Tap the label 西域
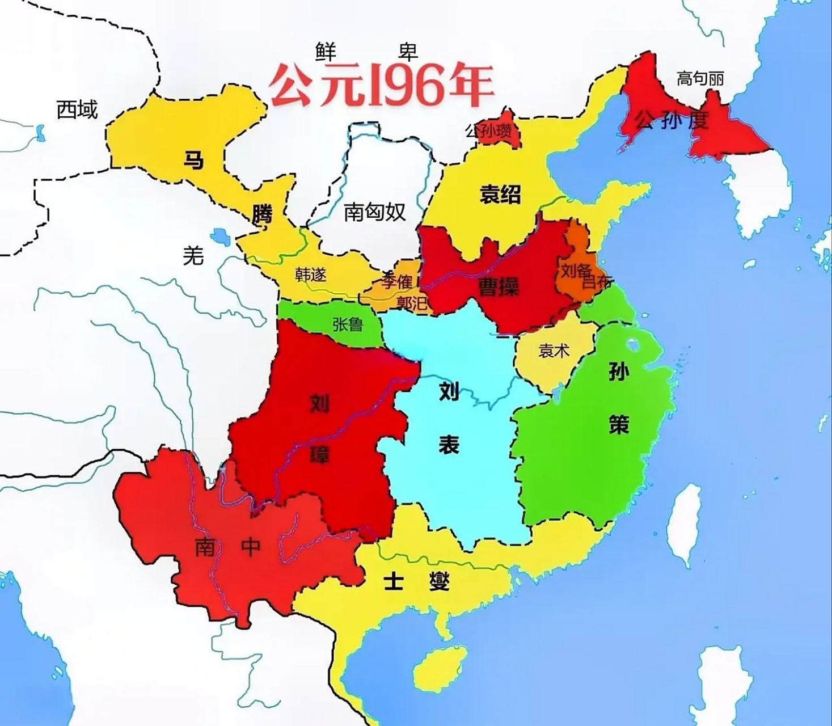(x=77, y=109)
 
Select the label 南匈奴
(x=374, y=212)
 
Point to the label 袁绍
(x=500, y=195)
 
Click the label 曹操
(x=499, y=288)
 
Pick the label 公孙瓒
(x=488, y=132)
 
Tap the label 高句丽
(x=700, y=78)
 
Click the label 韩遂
(x=311, y=275)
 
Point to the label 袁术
(x=553, y=351)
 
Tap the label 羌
(x=193, y=256)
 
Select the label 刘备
(x=575, y=271)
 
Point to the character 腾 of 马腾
(x=262, y=214)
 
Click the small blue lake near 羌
(x=219, y=236)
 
